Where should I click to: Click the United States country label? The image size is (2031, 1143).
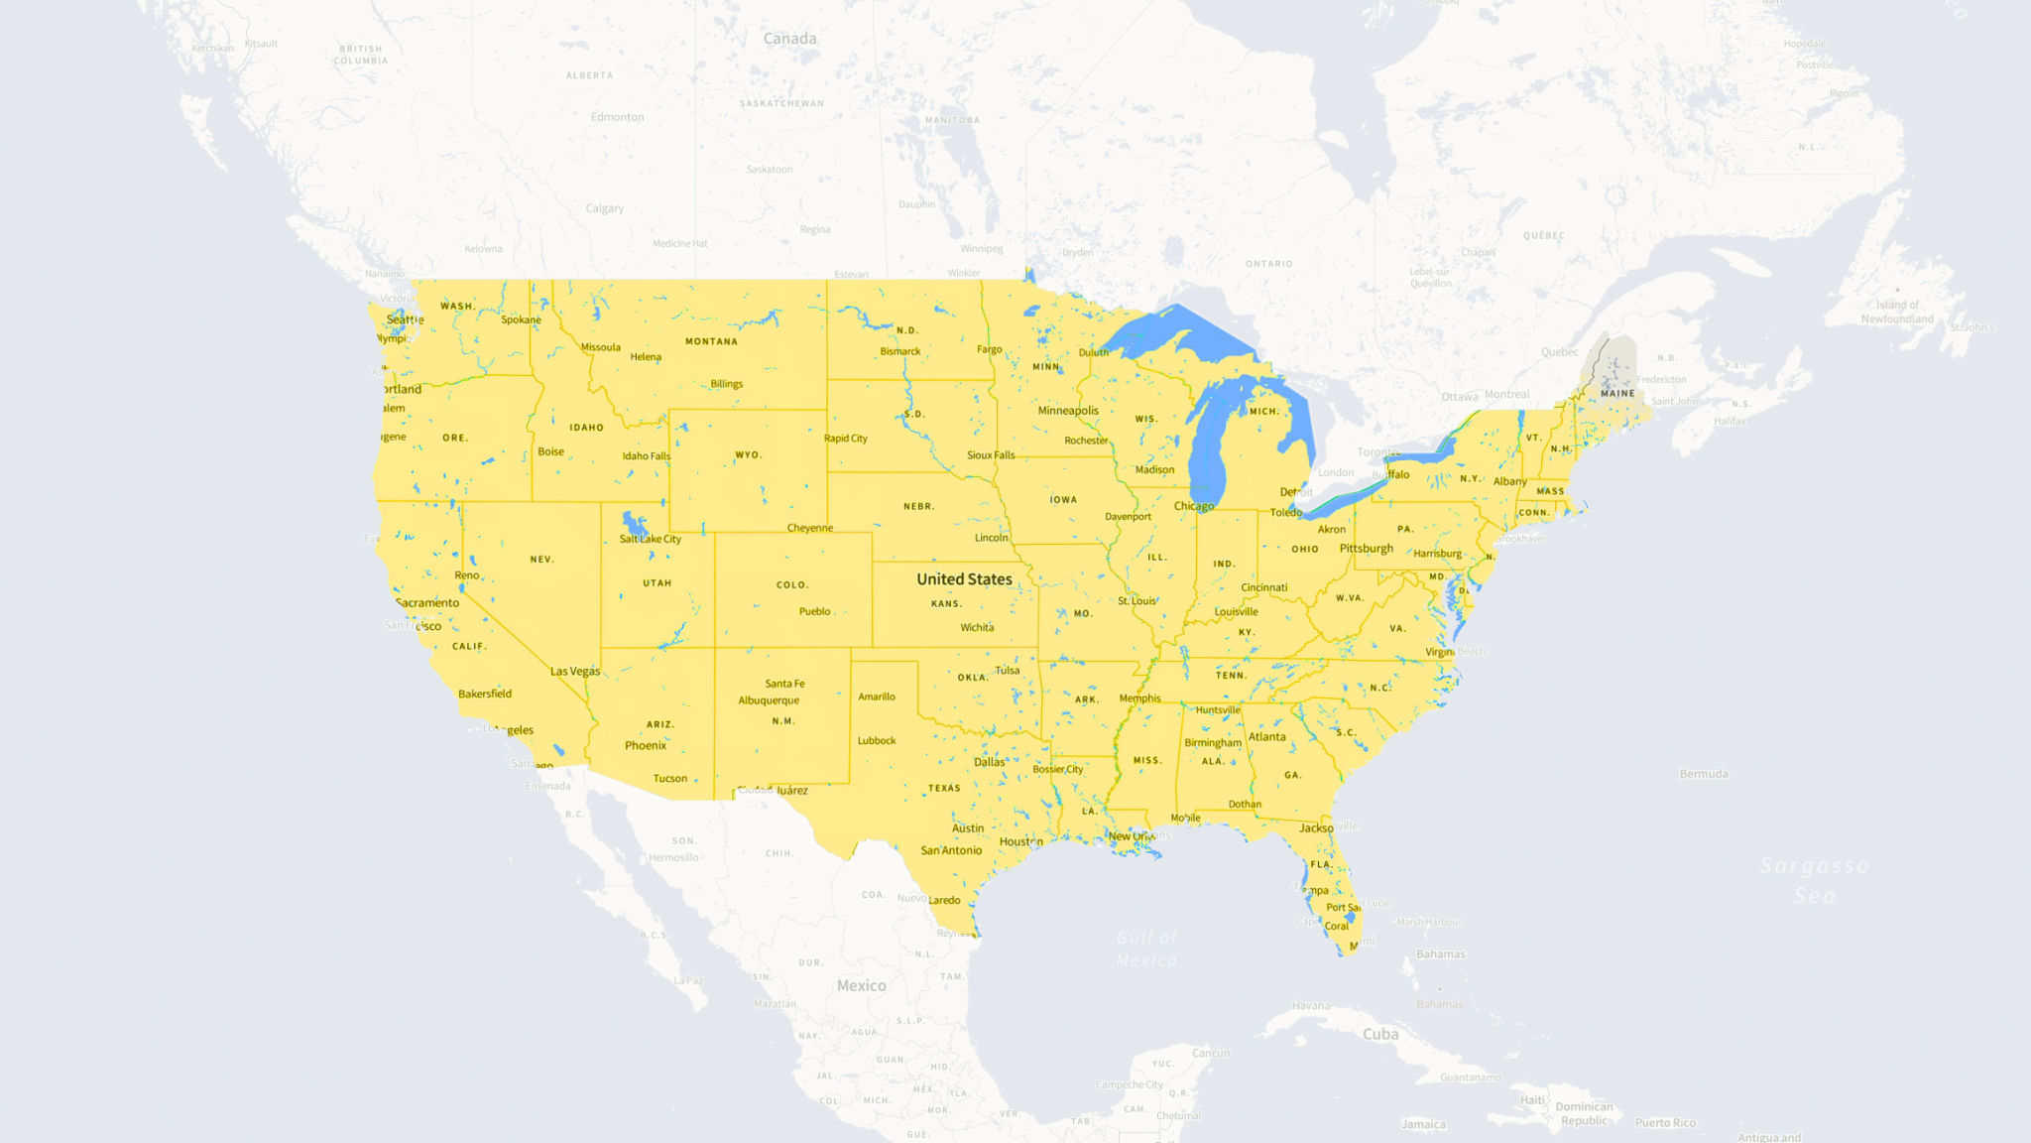point(964,579)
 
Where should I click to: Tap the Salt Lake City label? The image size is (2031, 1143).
point(650,539)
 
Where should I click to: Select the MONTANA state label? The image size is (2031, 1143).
point(711,341)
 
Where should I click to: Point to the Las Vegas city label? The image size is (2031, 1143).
point(575,672)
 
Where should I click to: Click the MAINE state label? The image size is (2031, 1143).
point(1617,394)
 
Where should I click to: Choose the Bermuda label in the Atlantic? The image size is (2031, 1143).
point(1704,774)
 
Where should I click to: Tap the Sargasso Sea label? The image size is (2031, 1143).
point(1814,881)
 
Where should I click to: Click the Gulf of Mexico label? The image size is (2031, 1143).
point(1146,949)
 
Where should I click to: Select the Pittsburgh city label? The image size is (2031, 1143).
point(1366,549)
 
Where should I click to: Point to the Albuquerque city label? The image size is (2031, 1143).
point(769,700)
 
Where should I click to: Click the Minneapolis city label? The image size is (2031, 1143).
point(1068,411)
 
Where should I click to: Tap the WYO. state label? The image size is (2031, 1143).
point(749,455)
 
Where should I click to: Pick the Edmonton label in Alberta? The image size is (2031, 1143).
point(617,117)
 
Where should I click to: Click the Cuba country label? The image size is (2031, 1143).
point(1379,1034)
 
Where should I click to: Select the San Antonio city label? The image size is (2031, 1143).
point(951,850)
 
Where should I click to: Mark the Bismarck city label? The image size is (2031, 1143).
point(899,351)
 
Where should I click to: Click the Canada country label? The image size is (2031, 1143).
point(789,39)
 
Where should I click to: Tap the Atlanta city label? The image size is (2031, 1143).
point(1266,737)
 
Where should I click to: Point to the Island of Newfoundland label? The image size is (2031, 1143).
point(1896,312)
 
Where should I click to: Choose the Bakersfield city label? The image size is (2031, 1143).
point(485,695)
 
